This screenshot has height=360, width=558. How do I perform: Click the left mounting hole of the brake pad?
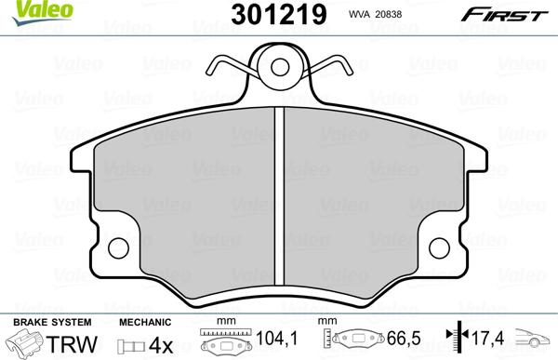coord(118,248)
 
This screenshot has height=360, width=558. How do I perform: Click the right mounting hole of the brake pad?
coord(441,248)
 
